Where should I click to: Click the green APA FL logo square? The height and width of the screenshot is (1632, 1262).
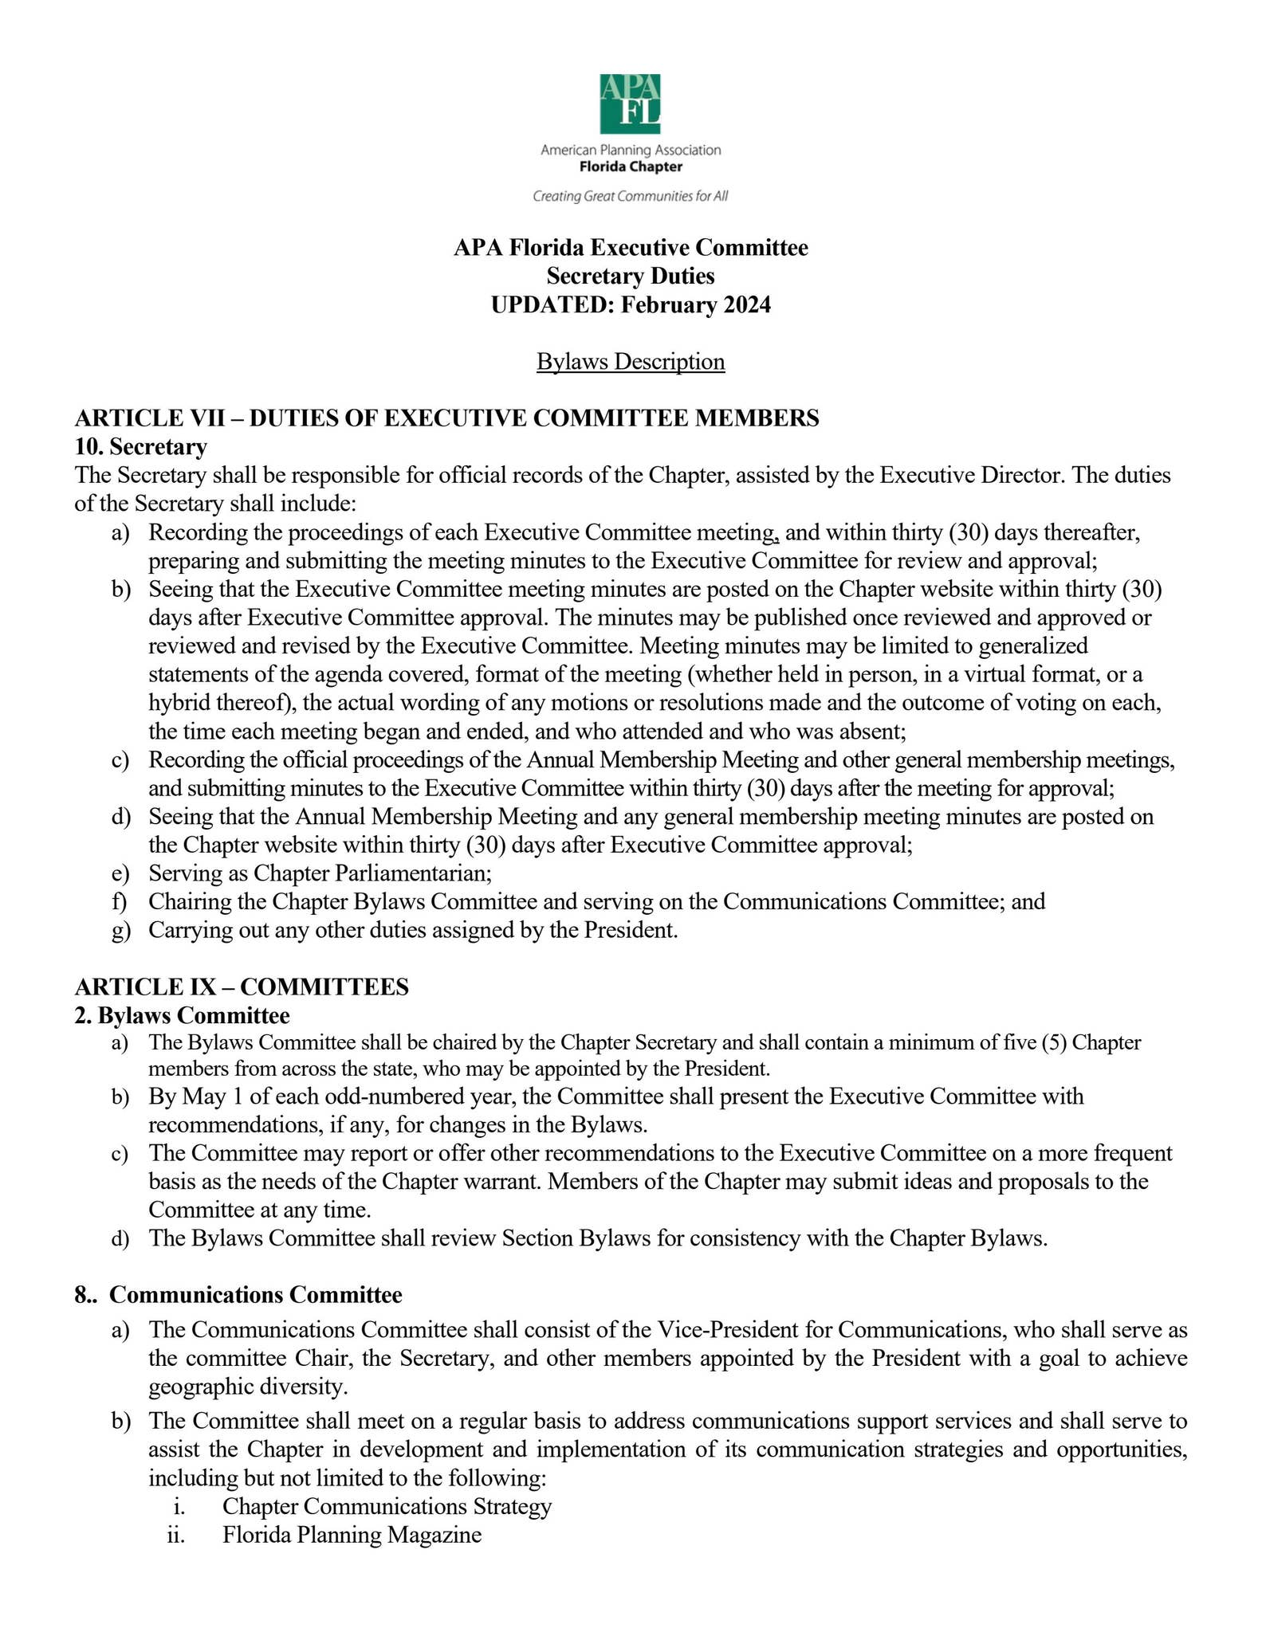[630, 104]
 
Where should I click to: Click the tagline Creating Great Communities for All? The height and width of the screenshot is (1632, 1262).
[630, 196]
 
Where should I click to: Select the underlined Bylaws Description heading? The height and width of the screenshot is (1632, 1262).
[631, 362]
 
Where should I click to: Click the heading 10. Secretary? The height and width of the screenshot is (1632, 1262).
[141, 446]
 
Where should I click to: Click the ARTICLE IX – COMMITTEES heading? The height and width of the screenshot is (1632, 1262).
[242, 987]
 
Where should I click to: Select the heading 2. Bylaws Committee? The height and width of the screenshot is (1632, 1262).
[182, 1015]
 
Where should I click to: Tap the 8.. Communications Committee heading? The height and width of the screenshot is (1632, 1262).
[238, 1294]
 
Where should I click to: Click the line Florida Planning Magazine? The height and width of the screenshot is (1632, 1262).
[352, 1535]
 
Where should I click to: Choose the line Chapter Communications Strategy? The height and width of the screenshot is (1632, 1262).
[387, 1506]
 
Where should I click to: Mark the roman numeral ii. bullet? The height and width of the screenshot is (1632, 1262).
[176, 1535]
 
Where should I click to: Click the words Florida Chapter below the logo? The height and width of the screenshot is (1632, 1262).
[630, 167]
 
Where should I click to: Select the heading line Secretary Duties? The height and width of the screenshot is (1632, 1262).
[631, 276]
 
